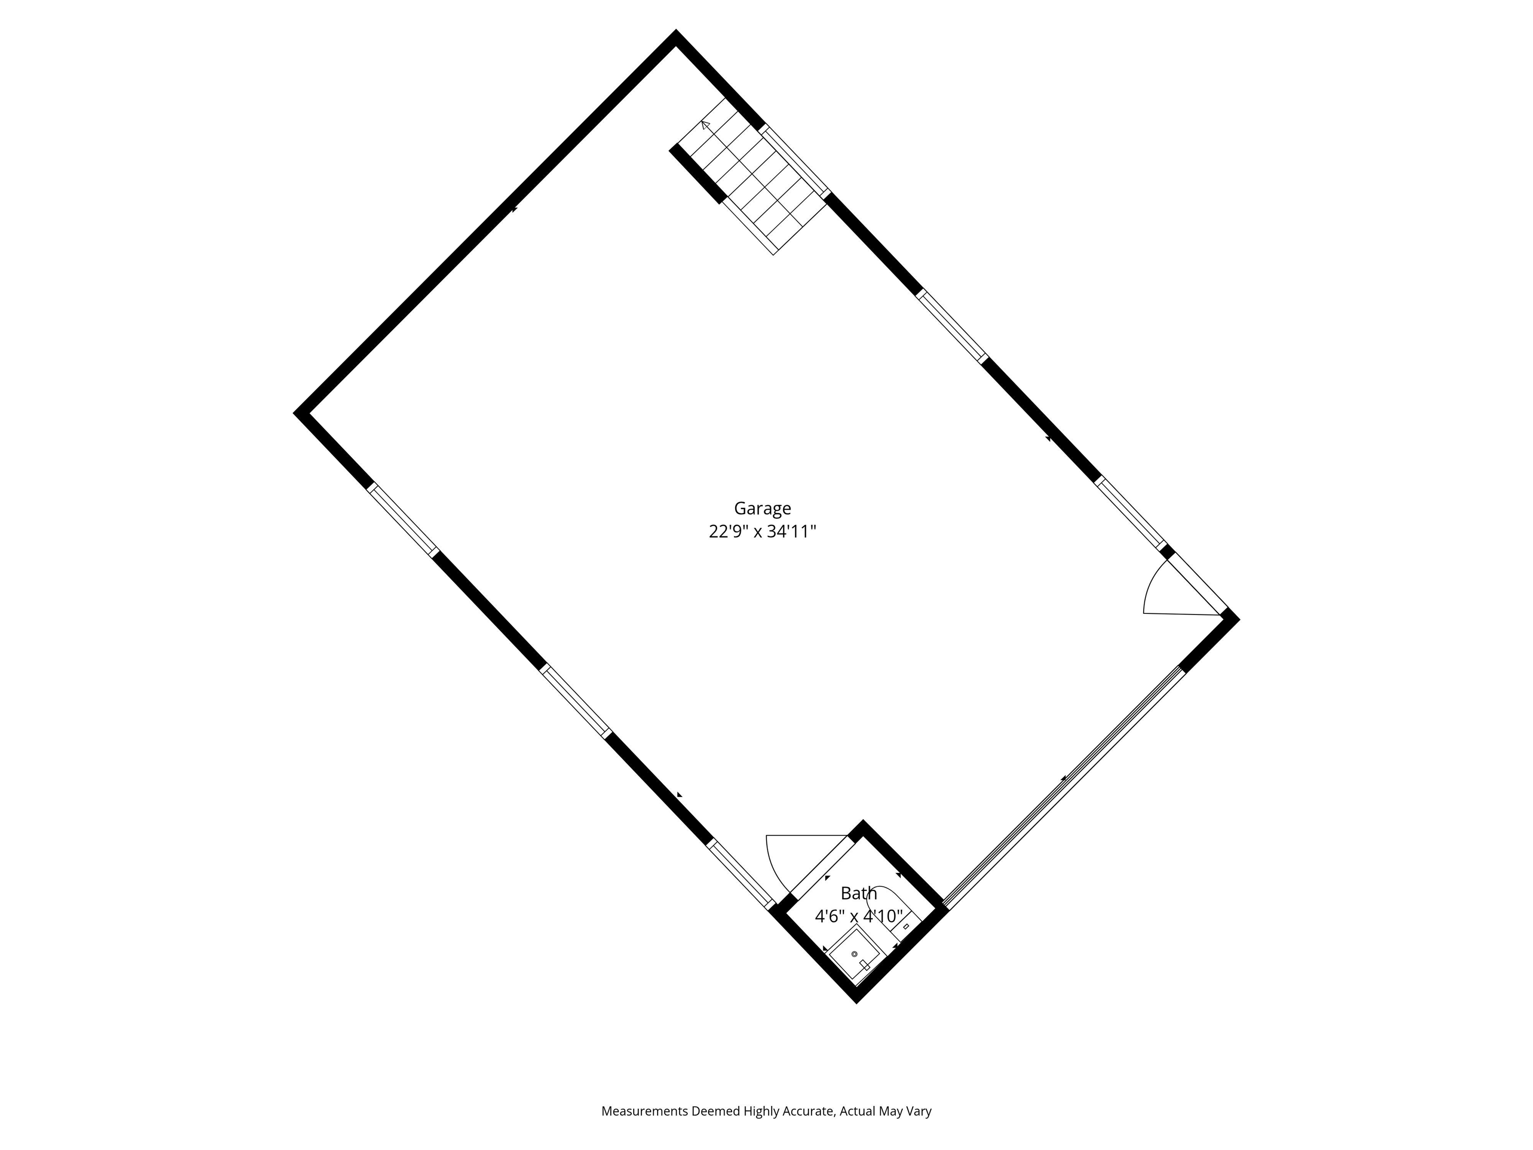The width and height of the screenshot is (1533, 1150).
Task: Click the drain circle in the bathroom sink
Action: coord(854,954)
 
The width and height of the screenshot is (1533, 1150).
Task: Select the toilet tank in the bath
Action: coord(906,926)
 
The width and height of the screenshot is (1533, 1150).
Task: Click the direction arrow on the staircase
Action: coord(706,125)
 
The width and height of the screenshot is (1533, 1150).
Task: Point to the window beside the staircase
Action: coord(795,161)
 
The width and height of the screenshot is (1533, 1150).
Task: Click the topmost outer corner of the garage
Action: coord(675,32)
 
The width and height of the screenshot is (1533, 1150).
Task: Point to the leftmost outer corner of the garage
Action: coord(296,413)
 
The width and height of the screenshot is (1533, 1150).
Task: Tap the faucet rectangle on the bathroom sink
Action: coord(864,965)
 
